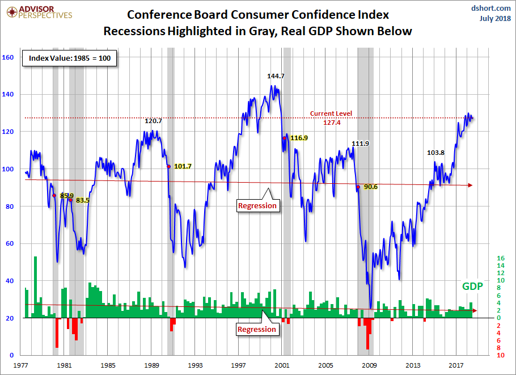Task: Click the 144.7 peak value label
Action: [276, 75]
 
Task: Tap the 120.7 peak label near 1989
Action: [153, 121]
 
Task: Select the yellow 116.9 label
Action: [299, 138]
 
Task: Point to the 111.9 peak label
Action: [360, 144]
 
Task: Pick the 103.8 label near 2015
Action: [436, 153]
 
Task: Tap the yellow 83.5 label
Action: [83, 200]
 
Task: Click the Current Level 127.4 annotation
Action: [331, 117]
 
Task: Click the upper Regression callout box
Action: [257, 205]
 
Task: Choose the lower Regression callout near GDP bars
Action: [257, 329]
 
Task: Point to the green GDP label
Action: [472, 286]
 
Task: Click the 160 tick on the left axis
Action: [8, 57]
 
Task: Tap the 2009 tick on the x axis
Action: [370, 365]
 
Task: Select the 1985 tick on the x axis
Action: [109, 365]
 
